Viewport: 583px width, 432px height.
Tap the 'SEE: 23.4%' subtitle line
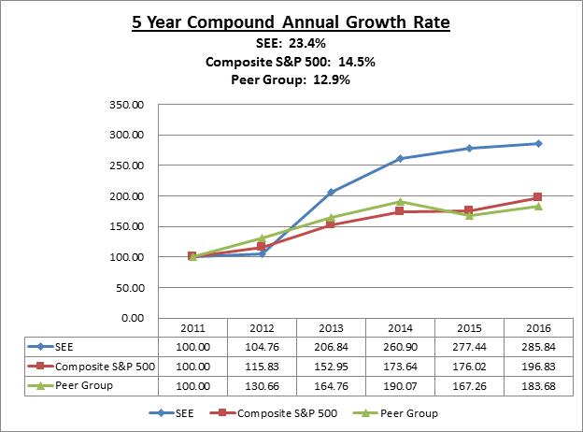coord(291,42)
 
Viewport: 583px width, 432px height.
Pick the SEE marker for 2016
coord(538,143)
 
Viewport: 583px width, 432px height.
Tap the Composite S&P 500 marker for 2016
coord(538,197)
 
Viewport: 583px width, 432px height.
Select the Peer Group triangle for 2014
coord(400,201)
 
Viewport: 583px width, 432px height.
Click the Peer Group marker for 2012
coord(262,238)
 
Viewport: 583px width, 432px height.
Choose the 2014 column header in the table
coord(400,329)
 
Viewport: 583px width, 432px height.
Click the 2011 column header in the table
coord(192,329)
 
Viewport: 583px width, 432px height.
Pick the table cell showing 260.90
coord(400,347)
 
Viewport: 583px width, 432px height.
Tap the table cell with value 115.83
coord(262,366)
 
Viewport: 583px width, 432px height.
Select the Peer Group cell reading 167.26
coord(469,384)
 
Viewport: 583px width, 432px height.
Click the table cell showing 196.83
coord(538,366)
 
